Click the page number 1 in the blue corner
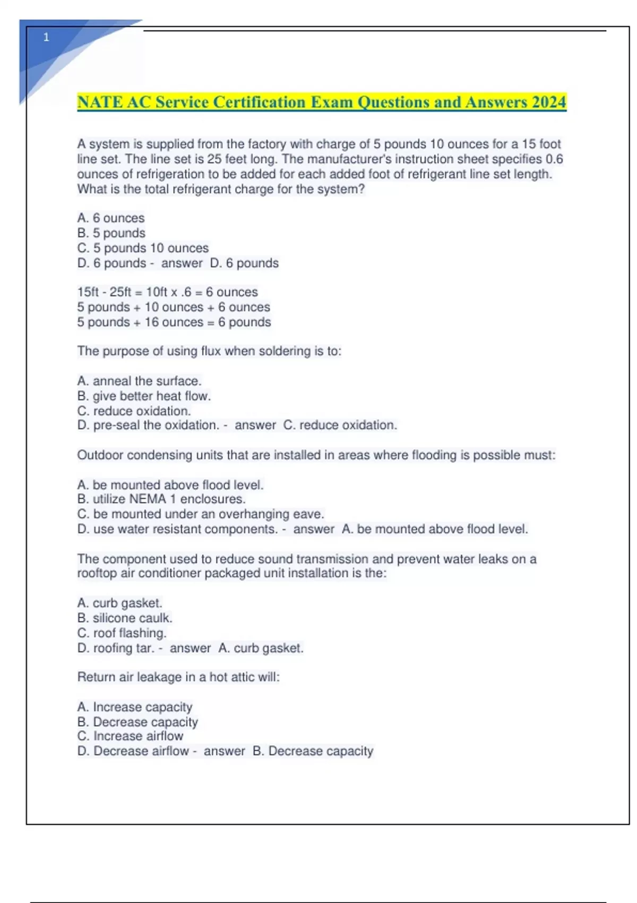click(x=46, y=37)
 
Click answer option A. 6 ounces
click(x=111, y=218)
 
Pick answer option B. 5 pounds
click(x=111, y=233)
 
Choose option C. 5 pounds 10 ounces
click(x=143, y=248)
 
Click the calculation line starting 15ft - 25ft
click(x=167, y=292)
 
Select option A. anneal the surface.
click(x=139, y=381)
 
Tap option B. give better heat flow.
click(x=144, y=396)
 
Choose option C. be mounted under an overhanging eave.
click(x=200, y=514)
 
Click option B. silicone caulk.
click(x=125, y=618)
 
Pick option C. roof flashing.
click(x=122, y=633)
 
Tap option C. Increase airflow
click(x=130, y=736)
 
